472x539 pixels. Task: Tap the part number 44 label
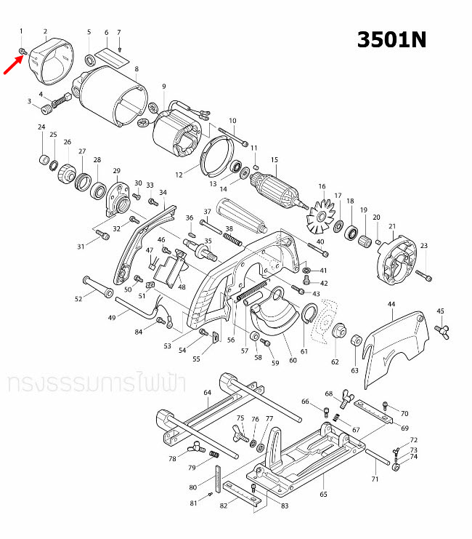(391, 303)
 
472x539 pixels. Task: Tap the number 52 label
(79, 299)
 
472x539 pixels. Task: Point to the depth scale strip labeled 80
(216, 476)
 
